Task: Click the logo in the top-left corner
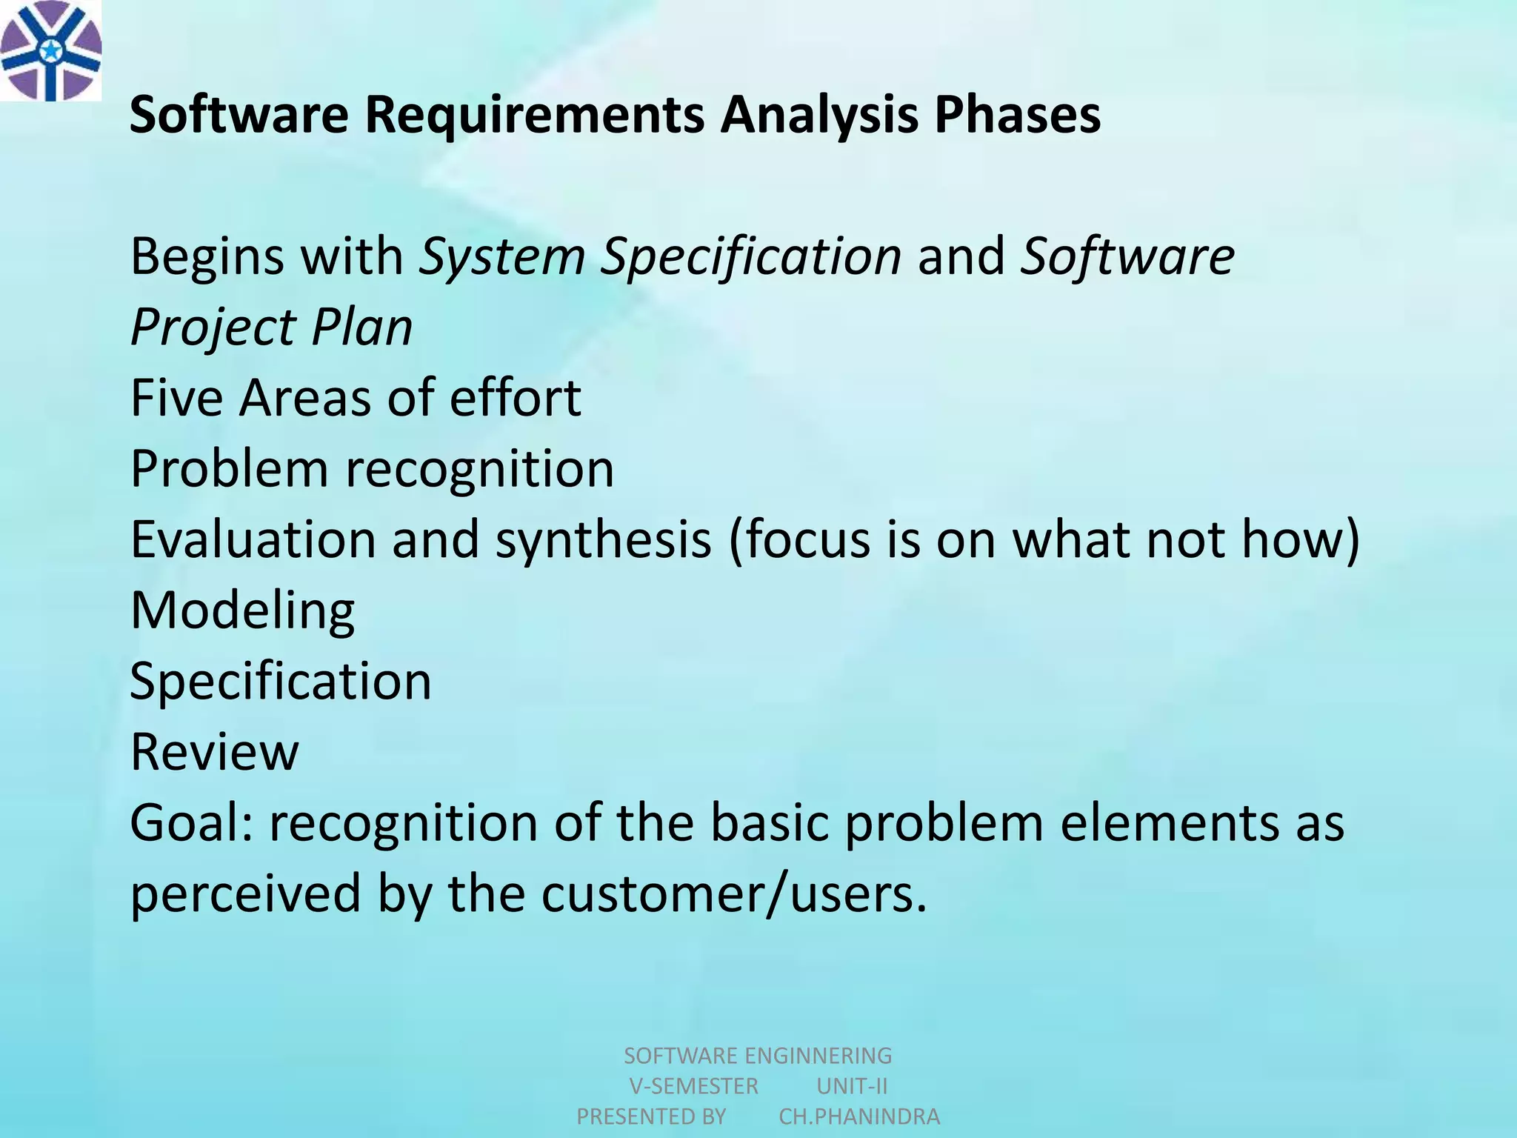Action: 50,50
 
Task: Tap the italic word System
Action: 501,256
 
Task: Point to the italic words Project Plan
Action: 271,327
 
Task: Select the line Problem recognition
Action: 372,469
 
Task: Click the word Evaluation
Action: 253,539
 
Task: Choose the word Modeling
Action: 242,610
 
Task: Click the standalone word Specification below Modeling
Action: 280,681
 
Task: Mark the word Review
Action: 214,752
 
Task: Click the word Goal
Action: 190,822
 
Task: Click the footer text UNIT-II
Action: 852,1086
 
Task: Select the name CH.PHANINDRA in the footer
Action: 859,1117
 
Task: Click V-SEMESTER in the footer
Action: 693,1086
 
